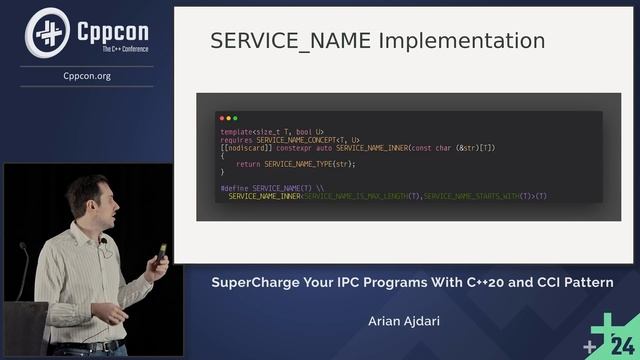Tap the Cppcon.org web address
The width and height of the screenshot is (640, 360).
tap(86, 76)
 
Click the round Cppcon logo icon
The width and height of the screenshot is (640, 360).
tap(47, 32)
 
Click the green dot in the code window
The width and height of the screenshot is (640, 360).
tap(235, 118)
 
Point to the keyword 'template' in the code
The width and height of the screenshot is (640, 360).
tap(237, 132)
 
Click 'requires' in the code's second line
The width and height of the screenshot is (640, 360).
tap(237, 140)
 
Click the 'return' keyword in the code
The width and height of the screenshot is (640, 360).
tap(248, 164)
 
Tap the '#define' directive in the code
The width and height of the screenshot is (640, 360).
tap(234, 188)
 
